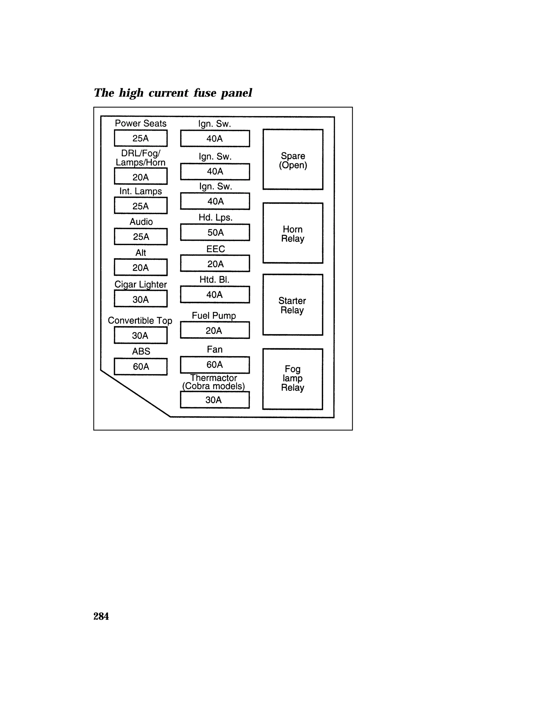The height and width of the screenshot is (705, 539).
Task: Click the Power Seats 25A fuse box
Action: coord(141,138)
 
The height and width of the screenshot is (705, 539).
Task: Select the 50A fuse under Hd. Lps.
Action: coord(215,232)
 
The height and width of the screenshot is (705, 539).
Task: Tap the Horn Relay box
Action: coord(293,233)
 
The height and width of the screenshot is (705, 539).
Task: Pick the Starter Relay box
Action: coord(293,305)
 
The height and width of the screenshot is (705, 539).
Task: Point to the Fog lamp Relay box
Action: coord(293,379)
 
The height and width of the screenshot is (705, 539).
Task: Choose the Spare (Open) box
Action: coord(293,160)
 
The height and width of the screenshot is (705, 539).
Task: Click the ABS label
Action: coord(141,351)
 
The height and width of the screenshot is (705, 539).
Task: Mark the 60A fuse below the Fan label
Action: coord(215,365)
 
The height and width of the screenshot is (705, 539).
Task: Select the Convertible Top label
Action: coord(140,320)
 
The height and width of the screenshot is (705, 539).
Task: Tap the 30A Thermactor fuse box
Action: coord(215,400)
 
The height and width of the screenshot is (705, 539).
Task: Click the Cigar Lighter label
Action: coord(141,284)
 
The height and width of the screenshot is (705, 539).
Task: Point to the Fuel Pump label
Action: coord(214,315)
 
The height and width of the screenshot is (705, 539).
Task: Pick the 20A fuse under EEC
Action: coord(215,264)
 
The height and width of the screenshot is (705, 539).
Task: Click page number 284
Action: coord(101,616)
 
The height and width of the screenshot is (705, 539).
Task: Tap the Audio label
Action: coord(141,221)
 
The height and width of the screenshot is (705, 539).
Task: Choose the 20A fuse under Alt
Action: coord(141,267)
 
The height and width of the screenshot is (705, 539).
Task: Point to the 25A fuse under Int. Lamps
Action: coord(141,206)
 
